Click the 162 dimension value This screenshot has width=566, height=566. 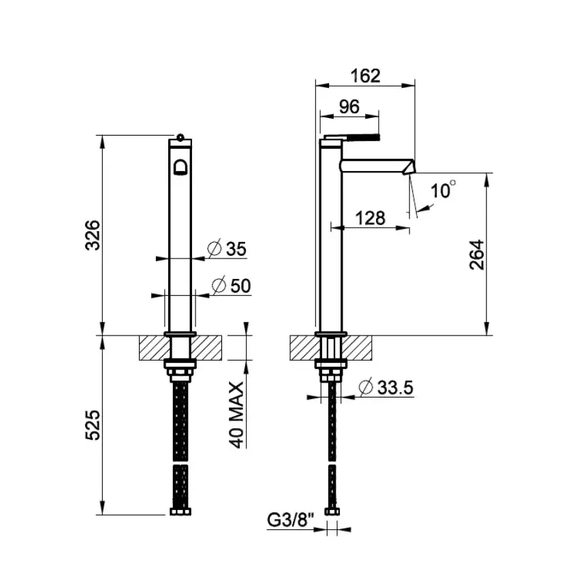click(365, 76)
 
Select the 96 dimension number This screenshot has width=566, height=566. click(349, 106)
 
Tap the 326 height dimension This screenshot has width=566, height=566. click(93, 235)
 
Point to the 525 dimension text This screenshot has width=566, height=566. click(93, 425)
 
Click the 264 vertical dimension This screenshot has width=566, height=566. click(477, 254)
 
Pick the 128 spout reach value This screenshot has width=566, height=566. click(371, 218)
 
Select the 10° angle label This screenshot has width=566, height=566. click(443, 190)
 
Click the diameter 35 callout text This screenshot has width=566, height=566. click(227, 248)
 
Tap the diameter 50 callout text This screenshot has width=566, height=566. click(231, 285)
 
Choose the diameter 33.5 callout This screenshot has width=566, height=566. click(386, 387)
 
